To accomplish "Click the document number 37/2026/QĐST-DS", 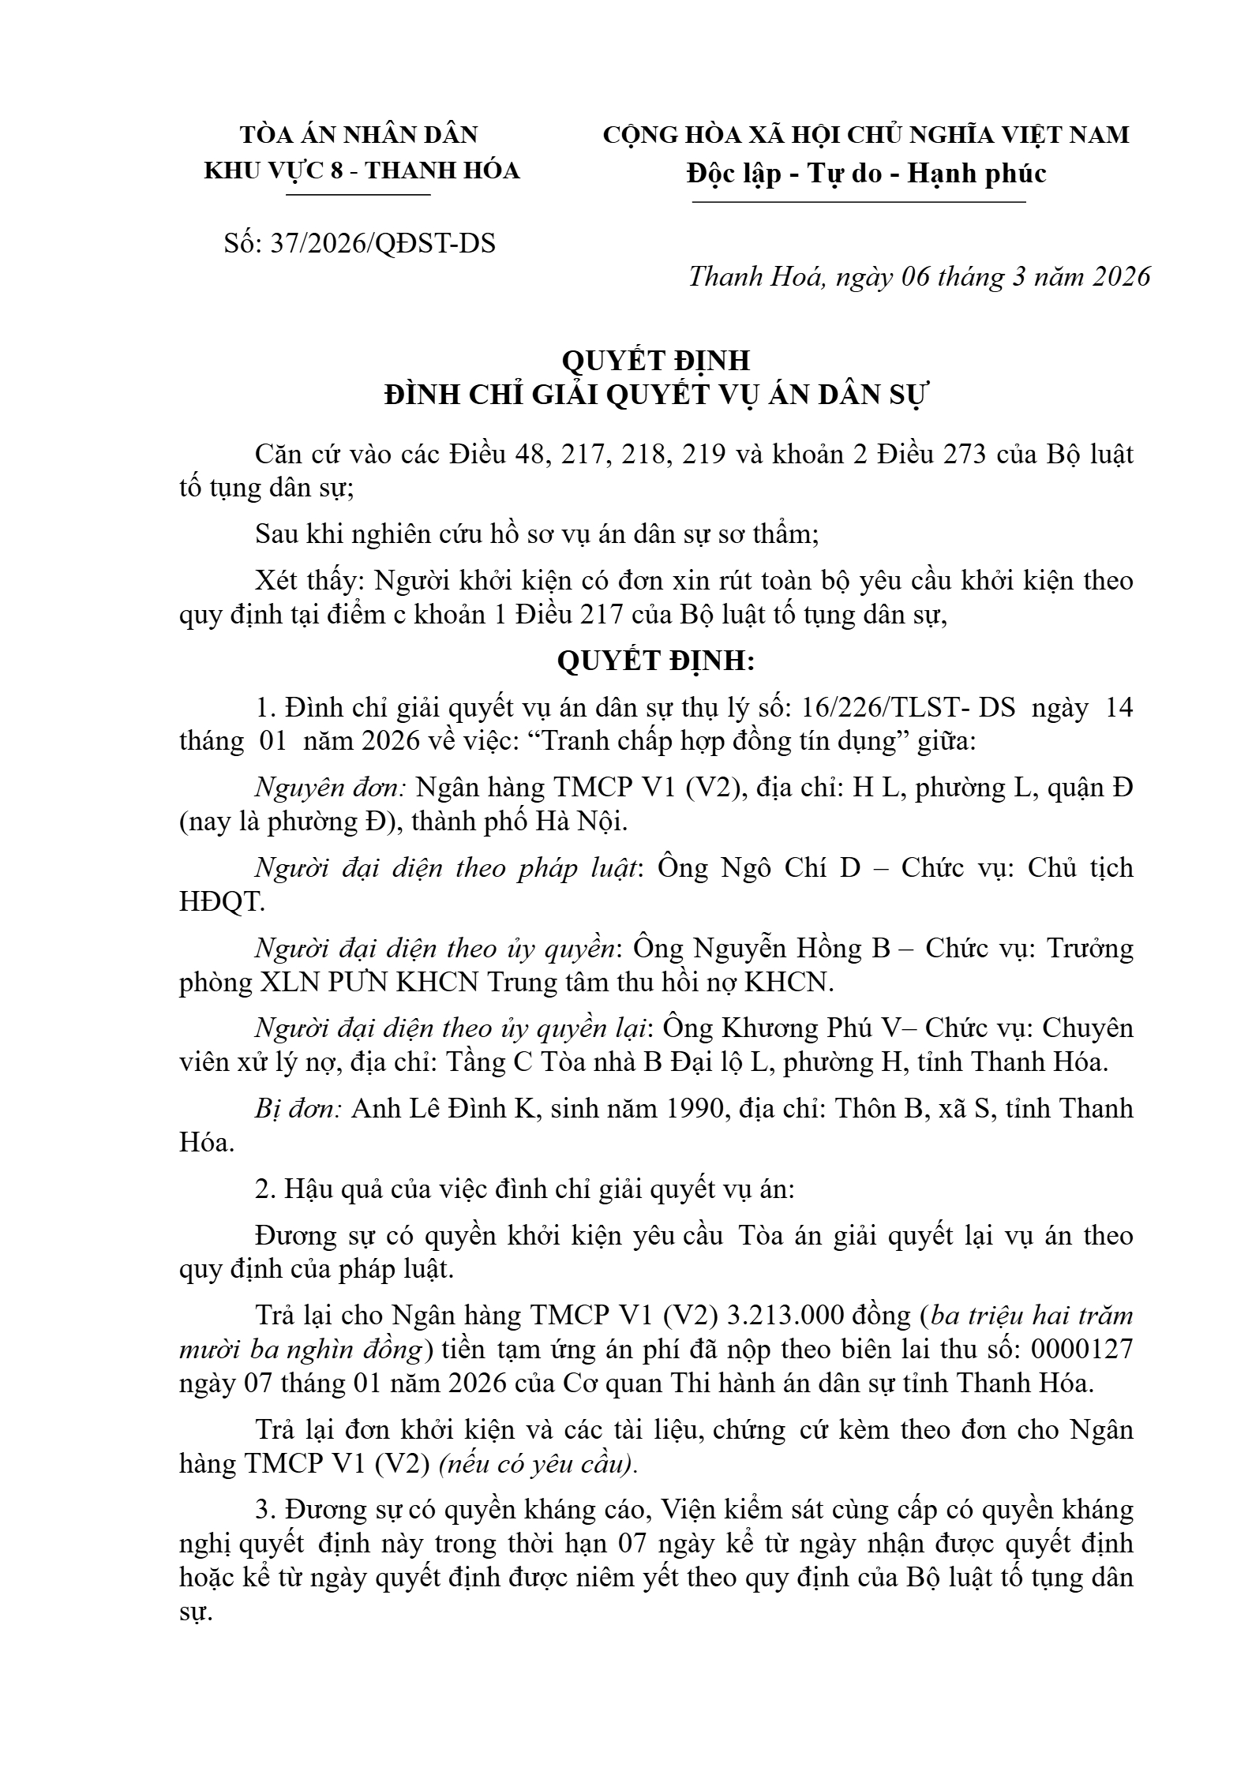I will click(x=383, y=244).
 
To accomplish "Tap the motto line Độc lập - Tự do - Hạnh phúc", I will click(x=866, y=174).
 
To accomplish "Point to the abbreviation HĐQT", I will click(x=222, y=903).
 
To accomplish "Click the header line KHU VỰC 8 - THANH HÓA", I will click(x=362, y=171).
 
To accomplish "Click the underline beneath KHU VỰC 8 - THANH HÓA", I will click(x=362, y=194).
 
